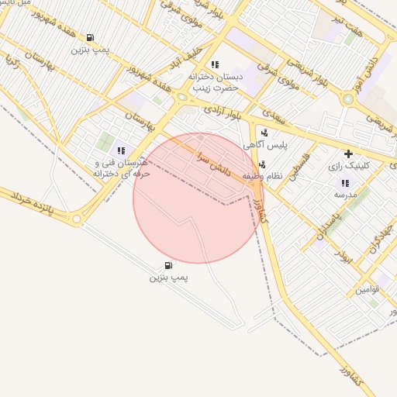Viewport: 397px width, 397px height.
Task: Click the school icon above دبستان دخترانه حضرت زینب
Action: click(215, 64)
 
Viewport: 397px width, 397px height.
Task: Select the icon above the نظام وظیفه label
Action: click(262, 164)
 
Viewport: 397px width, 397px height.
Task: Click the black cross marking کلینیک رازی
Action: click(348, 154)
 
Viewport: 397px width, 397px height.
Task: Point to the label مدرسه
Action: click(344, 195)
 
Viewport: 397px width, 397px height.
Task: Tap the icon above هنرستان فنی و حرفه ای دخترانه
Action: click(120, 150)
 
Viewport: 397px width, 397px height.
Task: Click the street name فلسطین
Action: click(299, 166)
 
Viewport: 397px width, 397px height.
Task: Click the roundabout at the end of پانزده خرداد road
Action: click(77, 220)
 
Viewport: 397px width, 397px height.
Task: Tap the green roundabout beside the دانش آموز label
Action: click(348, 98)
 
